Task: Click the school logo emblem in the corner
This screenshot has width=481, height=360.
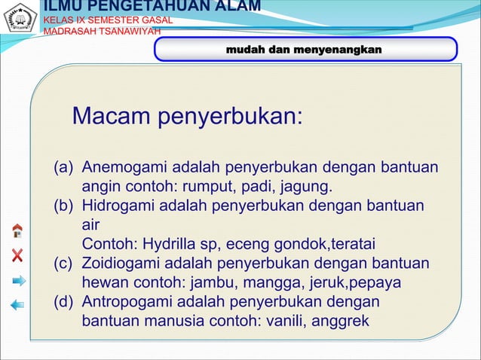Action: point(20,19)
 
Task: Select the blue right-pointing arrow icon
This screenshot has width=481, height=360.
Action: point(18,280)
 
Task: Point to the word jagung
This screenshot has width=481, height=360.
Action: point(307,187)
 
